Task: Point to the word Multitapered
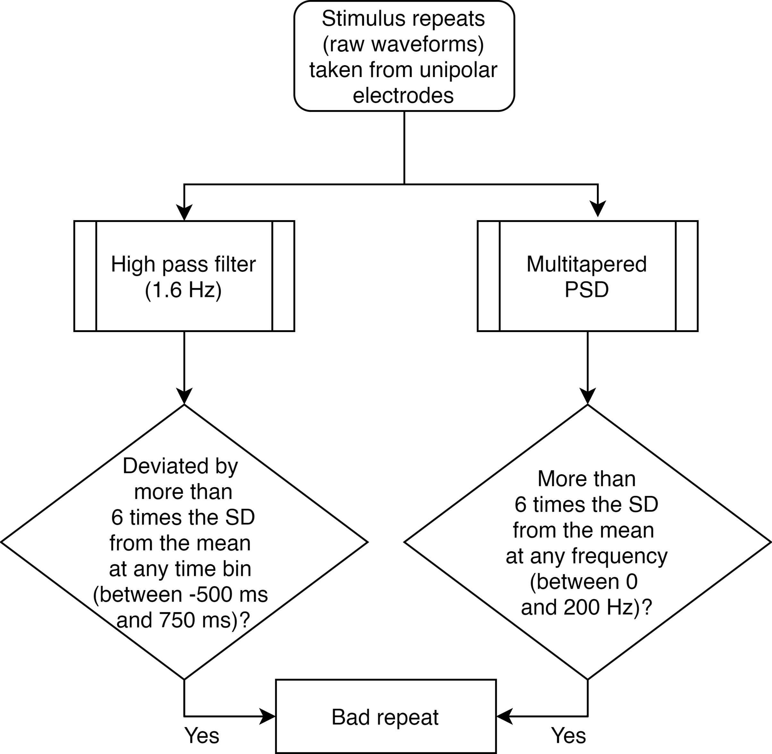[587, 264]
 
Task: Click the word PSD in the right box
[587, 290]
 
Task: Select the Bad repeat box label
[385, 717]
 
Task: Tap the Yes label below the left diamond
[201, 735]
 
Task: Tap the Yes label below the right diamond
[568, 735]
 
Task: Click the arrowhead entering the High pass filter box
[184, 212]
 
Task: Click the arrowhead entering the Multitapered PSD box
[598, 209]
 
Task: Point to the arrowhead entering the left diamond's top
[184, 396]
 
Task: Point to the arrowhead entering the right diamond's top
[588, 396]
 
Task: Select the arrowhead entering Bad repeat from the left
[267, 716]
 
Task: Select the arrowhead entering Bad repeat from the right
[505, 716]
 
